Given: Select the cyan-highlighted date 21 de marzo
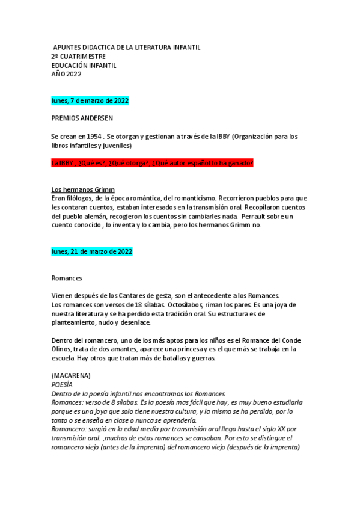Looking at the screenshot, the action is tap(92, 251).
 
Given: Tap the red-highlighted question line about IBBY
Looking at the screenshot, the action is tap(152, 163).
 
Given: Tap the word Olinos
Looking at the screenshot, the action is tap(63, 349).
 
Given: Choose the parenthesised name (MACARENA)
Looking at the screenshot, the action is tap(70, 375).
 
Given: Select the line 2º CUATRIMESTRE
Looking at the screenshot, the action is tap(79, 57).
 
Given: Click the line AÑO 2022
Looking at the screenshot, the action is tap(66, 74).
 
